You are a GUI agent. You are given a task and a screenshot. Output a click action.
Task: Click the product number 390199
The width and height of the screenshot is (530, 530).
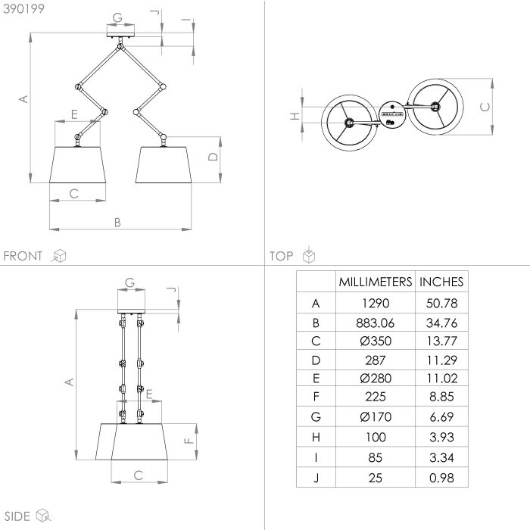point(23,9)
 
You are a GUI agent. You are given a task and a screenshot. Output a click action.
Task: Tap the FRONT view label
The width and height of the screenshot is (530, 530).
point(23,256)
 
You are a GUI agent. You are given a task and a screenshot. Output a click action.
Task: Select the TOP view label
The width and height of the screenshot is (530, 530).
point(281,256)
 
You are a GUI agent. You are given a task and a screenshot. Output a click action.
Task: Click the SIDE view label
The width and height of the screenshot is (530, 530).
point(17,516)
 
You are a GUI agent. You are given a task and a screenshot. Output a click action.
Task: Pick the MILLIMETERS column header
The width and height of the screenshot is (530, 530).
point(376,282)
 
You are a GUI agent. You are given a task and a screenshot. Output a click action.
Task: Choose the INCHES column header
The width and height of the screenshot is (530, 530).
point(441,282)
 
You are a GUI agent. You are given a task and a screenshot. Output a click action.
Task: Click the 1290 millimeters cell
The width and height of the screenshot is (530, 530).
point(376,303)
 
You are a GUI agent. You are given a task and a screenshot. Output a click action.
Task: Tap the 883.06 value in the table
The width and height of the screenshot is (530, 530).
point(376,323)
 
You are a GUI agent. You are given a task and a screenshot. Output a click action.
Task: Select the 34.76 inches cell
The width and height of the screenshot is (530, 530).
point(441,323)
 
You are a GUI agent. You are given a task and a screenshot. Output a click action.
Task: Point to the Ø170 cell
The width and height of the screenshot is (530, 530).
point(376,416)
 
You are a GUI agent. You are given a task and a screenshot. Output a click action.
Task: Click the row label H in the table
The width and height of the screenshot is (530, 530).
point(316,438)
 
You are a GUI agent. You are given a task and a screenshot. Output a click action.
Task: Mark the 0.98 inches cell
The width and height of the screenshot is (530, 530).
point(441,478)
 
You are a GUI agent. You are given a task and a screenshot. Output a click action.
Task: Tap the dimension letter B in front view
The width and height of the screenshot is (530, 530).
point(117,223)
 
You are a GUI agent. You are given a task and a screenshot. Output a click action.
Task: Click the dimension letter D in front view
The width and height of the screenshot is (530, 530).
point(213,157)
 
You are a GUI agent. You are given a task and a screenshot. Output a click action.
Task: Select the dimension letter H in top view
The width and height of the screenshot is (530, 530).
point(295,117)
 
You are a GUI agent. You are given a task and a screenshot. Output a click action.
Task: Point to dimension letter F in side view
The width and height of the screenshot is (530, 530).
point(189,441)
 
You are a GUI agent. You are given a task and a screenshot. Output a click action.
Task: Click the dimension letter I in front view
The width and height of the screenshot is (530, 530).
point(186,20)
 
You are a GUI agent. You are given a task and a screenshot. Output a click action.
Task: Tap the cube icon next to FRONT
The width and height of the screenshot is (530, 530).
point(59,256)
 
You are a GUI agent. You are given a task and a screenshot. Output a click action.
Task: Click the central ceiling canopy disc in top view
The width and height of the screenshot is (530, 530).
point(391,114)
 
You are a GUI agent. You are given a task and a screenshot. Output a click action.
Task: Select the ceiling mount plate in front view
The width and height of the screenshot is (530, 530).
point(120,35)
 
